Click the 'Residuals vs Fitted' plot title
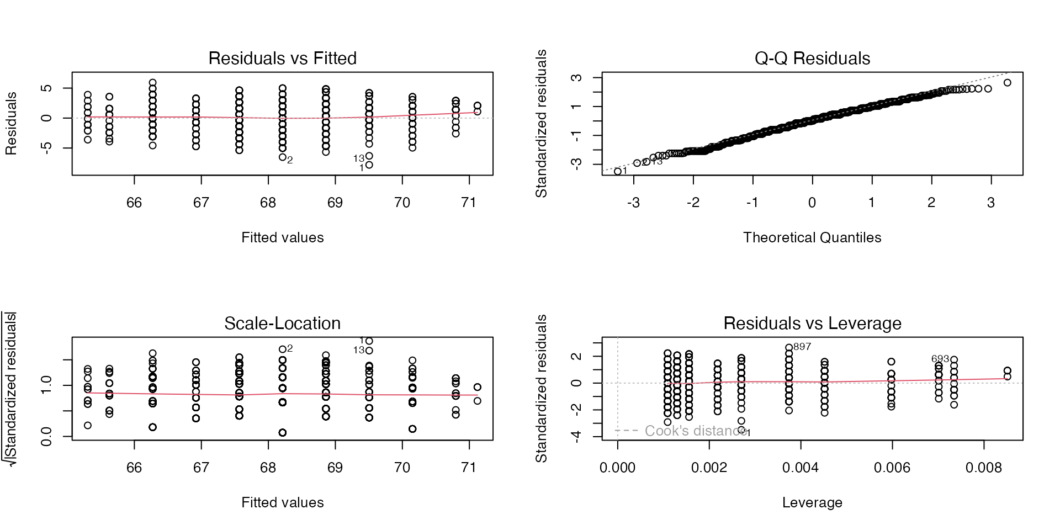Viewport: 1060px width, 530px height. [282, 59]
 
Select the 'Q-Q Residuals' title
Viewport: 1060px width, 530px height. [812, 59]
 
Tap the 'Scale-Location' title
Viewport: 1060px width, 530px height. [282, 324]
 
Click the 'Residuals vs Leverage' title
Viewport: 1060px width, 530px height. [812, 324]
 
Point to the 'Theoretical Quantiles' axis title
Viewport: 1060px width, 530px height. [812, 237]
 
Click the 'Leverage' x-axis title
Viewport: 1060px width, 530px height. [812, 502]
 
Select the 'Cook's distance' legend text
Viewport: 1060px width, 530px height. [696, 431]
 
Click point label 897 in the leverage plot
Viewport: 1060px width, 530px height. [802, 347]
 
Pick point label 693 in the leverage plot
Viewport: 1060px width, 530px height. [940, 359]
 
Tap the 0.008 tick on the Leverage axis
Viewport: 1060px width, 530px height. [984, 468]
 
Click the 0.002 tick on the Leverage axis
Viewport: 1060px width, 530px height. [709, 468]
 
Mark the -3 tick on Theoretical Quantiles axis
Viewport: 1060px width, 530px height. [633, 203]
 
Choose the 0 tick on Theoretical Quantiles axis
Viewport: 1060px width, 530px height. [812, 203]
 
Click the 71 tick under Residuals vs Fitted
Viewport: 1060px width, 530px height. [469, 203]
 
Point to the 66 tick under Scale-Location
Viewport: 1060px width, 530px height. [134, 468]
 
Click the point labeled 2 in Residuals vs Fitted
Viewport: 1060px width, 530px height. [282, 157]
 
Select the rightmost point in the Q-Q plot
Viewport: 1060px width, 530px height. [1008, 83]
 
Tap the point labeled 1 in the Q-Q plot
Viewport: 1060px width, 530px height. [618, 172]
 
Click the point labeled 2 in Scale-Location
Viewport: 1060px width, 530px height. [282, 349]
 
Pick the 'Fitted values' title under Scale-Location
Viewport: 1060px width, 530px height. [282, 502]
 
